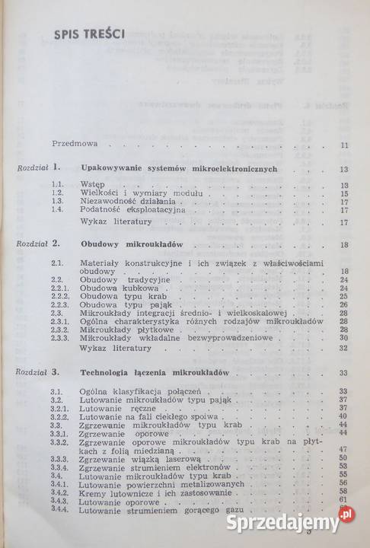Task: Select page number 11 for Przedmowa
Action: click(x=344, y=145)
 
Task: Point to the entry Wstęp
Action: click(x=91, y=185)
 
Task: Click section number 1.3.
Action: click(x=56, y=202)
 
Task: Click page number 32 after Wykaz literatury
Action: click(x=344, y=347)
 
